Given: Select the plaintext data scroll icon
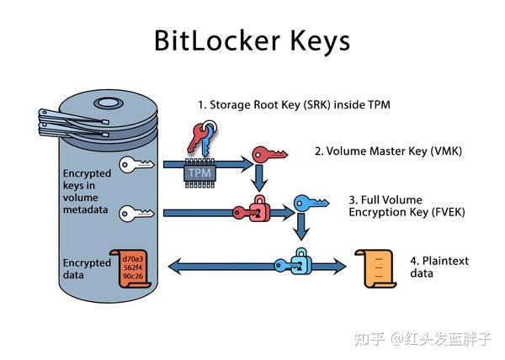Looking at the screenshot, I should click(x=375, y=267).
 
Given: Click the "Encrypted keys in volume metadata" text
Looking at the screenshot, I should click(x=87, y=192).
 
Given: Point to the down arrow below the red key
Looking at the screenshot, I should click(x=260, y=177).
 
